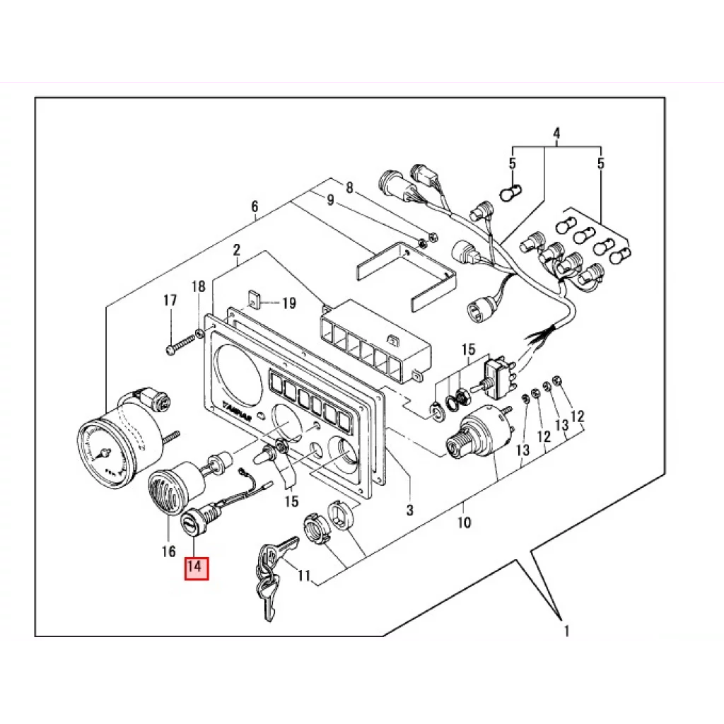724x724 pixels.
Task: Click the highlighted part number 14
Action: pyautogui.click(x=197, y=568)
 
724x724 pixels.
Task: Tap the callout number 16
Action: pyautogui.click(x=168, y=551)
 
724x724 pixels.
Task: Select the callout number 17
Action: pyautogui.click(x=170, y=300)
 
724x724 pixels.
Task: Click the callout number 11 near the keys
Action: pyautogui.click(x=304, y=576)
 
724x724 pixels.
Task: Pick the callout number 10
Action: pyautogui.click(x=464, y=524)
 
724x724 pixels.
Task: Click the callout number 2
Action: pyautogui.click(x=237, y=250)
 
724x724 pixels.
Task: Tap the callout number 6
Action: pyautogui.click(x=255, y=207)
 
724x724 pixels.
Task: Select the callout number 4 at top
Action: pyautogui.click(x=556, y=133)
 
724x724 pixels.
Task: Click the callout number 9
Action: pyautogui.click(x=329, y=200)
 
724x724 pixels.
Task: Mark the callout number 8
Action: pyautogui.click(x=349, y=187)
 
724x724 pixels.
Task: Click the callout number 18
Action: pyautogui.click(x=199, y=286)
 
